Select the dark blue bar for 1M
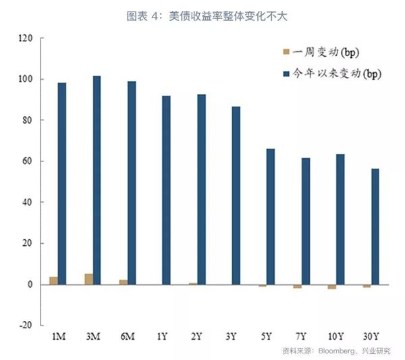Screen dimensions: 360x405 pyautogui.click(x=62, y=182)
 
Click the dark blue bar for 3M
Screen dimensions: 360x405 pyautogui.click(x=97, y=180)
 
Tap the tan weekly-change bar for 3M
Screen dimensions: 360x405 pyautogui.click(x=88, y=279)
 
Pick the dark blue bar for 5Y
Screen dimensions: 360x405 pyautogui.click(x=270, y=216)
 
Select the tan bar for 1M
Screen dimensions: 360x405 pyautogui.click(x=53, y=280)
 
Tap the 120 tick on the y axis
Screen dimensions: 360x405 pyautogui.click(x=26, y=38)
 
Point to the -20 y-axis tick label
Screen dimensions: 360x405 pyautogui.click(x=26, y=325)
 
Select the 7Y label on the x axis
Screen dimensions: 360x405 pyautogui.click(x=301, y=336)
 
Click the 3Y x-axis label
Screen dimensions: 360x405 pyautogui.click(x=232, y=336)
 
